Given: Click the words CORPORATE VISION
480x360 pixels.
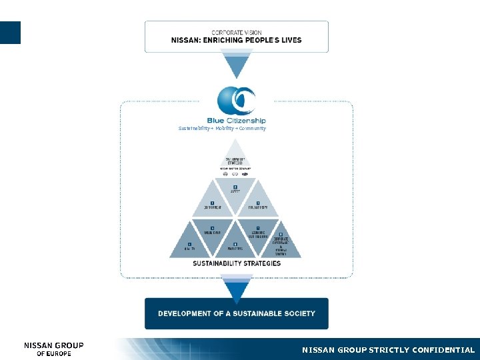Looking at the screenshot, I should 237,32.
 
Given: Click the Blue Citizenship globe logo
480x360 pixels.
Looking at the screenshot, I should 237,101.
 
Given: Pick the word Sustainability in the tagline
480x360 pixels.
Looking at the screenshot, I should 194,128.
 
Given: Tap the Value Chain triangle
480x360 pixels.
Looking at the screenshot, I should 213,233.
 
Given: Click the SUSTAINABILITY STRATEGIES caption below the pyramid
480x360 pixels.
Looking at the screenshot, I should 237,263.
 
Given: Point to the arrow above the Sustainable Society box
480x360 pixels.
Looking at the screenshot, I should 237,290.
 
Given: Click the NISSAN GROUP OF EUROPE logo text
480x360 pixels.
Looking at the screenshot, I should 54,349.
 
